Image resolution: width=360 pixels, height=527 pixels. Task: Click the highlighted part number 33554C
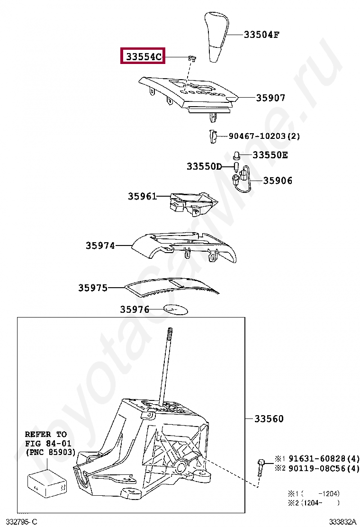tap(144, 57)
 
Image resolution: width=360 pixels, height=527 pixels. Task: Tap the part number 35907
tap(270, 98)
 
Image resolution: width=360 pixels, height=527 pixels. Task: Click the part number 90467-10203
tap(258, 136)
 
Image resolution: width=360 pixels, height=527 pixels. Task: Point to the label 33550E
tap(270, 155)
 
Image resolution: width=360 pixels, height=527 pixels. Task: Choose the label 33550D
tap(204, 166)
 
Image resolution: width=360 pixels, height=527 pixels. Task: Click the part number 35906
tap(278, 181)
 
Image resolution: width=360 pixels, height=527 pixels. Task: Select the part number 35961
tap(142, 196)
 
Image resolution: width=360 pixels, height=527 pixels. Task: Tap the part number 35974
tap(100, 245)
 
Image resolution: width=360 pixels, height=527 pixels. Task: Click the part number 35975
tap(93, 288)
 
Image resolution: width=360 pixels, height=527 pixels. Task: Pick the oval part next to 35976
tap(176, 309)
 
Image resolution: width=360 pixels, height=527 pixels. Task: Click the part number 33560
tap(269, 419)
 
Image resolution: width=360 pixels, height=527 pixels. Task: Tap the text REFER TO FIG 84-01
tap(46, 438)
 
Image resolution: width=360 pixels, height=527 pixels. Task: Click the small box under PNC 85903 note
tap(47, 483)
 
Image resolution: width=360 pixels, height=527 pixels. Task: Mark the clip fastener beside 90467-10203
tap(213, 137)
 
